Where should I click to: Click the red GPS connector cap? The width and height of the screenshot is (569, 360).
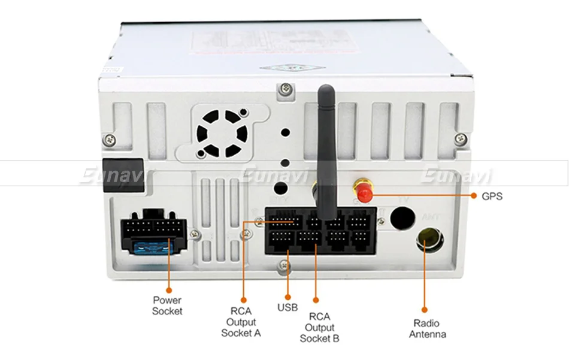click(x=362, y=193)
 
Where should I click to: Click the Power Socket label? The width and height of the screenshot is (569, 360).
click(x=167, y=305)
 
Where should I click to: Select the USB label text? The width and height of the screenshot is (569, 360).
click(x=287, y=308)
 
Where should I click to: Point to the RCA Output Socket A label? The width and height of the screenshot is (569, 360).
click(x=241, y=322)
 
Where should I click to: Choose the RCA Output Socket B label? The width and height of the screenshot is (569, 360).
click(x=319, y=328)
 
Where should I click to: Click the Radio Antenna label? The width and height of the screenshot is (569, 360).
click(x=427, y=329)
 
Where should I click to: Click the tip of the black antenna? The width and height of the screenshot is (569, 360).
click(x=325, y=90)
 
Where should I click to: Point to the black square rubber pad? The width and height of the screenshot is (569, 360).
click(x=123, y=174)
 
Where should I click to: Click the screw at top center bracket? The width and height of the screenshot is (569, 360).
click(x=284, y=89)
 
